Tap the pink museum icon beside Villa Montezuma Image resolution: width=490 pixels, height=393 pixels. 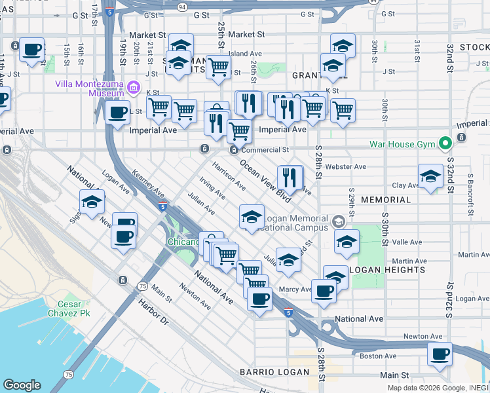tap(134, 87)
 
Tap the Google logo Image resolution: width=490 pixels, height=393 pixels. tap(22, 385)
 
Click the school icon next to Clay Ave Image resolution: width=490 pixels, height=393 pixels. tap(430, 177)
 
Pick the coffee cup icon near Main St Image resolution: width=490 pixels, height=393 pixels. tap(440, 354)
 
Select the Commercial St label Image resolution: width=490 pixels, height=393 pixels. tap(265, 150)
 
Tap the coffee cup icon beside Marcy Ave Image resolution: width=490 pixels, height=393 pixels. tap(323, 290)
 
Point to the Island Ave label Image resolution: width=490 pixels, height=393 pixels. tap(245, 54)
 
